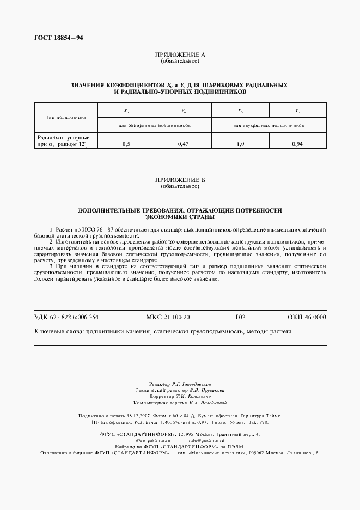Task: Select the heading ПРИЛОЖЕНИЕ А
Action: [x=180, y=55]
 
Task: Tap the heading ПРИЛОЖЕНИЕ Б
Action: [x=180, y=180]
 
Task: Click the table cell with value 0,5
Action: [x=126, y=144]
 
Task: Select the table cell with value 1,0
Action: [x=240, y=144]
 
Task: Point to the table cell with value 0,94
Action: [x=297, y=144]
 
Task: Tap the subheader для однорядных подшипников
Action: [x=155, y=125]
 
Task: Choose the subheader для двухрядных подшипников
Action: [x=269, y=125]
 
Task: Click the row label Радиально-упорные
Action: [x=63, y=138]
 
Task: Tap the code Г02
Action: [x=240, y=317]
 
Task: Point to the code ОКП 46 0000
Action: [x=307, y=317]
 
